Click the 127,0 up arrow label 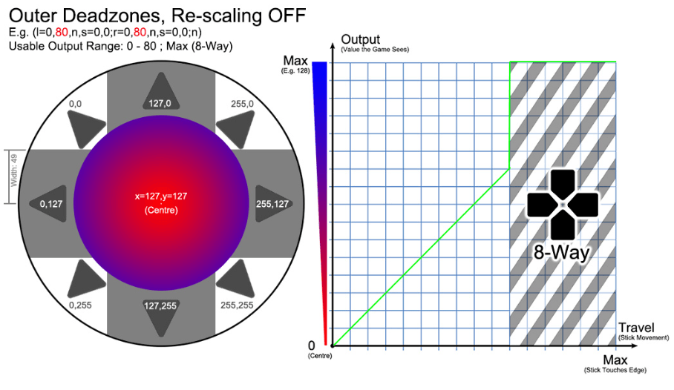pos(160,103)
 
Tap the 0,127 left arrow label pos(51,204)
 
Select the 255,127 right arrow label pos(272,204)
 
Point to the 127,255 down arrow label pos(160,305)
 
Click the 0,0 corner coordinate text pos(75,104)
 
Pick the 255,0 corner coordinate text pos(242,104)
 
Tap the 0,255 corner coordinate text pos(80,305)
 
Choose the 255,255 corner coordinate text pos(237,305)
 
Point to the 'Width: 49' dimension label pos(14,170)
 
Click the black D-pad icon pos(563,205)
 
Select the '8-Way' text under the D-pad pos(561,252)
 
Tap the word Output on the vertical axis pos(360,39)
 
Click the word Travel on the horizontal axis pos(636,328)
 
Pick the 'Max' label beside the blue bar pos(295,61)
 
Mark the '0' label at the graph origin pos(312,346)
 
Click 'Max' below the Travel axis pos(615,360)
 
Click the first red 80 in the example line pos(62,32)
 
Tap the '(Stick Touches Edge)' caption pos(615,370)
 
